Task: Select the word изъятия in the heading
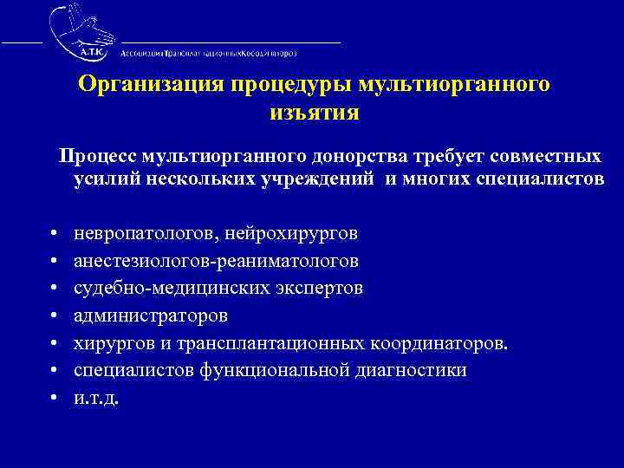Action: pos(313,113)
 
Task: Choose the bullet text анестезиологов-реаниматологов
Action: pos(216,261)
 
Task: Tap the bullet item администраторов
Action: pos(150,315)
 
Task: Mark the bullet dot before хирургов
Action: pos(55,344)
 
